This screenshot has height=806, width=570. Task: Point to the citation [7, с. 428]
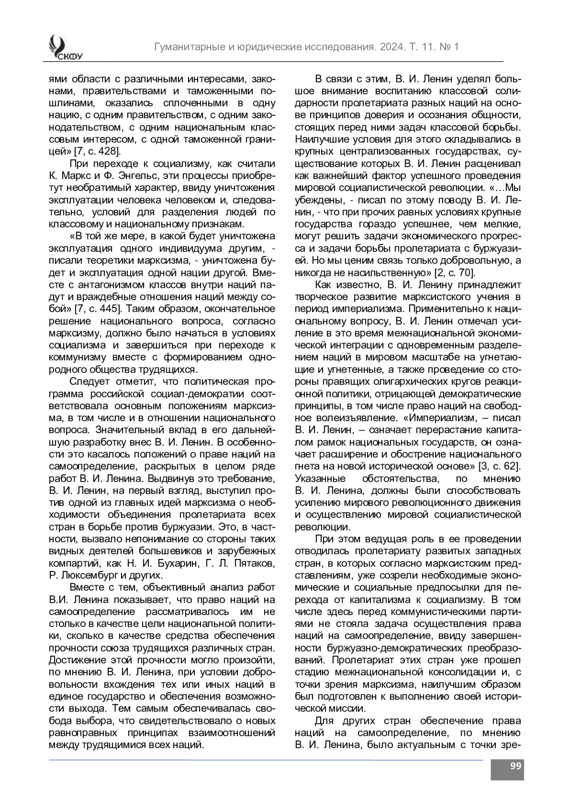point(97,152)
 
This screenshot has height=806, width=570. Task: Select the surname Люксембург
point(89,576)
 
